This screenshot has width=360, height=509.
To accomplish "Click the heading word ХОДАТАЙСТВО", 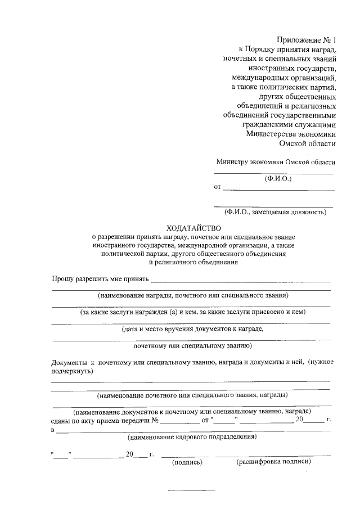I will pos(193,228).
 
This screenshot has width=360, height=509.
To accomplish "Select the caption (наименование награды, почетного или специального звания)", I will pos(192,295).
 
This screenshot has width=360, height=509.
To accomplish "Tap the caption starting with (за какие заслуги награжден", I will pos(192,312).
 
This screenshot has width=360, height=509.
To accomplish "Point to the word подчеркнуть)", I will pos(73,371).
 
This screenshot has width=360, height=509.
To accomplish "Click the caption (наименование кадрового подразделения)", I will pos(192,436).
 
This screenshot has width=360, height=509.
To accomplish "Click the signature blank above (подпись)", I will pos(185,455).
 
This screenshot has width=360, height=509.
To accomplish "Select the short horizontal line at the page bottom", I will pos(192,490).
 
